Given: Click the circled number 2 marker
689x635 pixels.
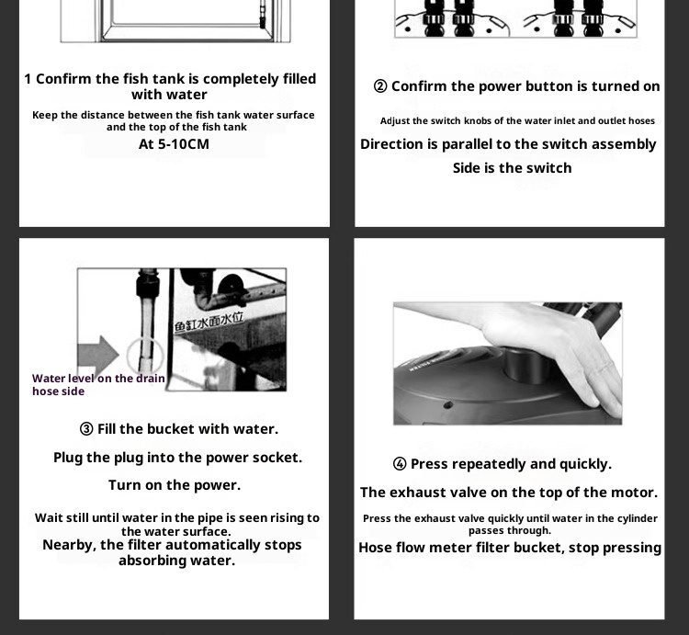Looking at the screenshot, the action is (380, 86).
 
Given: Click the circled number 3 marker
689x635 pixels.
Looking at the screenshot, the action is (86, 429).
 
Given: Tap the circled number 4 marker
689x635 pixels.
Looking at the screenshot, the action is (400, 464).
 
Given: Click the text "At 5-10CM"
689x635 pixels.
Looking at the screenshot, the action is (174, 144).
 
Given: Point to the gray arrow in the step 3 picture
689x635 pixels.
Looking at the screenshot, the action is (97, 355).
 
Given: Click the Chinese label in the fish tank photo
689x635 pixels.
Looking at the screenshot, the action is (209, 322).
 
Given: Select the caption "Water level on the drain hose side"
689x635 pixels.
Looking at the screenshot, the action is (98, 385).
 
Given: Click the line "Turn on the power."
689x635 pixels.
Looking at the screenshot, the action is (175, 485).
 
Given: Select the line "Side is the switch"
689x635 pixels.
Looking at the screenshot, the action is (512, 168).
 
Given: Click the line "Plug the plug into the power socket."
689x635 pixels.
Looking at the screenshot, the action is (177, 458).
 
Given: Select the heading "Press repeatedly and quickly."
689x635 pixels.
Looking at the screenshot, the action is (511, 464).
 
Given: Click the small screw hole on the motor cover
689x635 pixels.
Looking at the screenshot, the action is (447, 404).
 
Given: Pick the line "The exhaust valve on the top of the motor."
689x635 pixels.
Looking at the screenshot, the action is (509, 493).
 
